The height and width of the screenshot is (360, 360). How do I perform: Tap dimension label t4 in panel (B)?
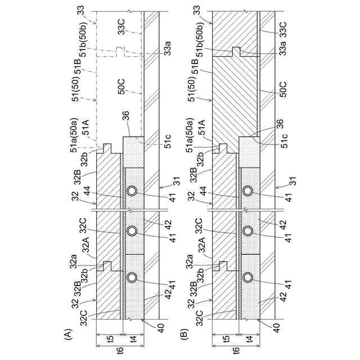(x=248, y=340)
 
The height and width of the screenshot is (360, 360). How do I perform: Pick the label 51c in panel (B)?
(x=285, y=140)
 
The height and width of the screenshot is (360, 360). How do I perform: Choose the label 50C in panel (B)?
(x=282, y=90)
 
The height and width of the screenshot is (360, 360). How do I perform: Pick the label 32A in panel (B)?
(x=198, y=245)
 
